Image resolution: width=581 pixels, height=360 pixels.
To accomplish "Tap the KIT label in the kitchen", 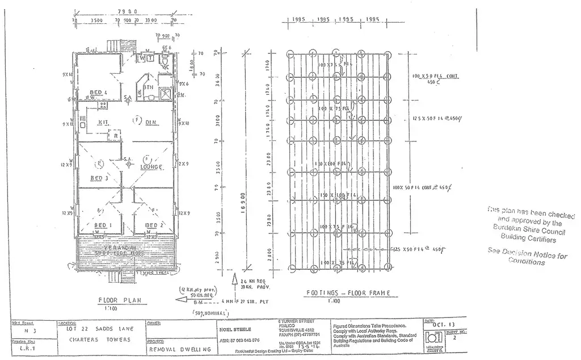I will coord(103,122).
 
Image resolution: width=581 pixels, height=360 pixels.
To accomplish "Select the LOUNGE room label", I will coord(151,166).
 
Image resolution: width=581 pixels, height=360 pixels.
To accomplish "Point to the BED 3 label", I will coord(99,178).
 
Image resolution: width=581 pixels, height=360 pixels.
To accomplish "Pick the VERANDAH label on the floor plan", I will coord(119,248).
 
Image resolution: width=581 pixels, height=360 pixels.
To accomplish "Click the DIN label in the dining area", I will coord(151,122).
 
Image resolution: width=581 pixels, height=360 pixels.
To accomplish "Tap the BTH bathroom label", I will coord(149,87).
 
